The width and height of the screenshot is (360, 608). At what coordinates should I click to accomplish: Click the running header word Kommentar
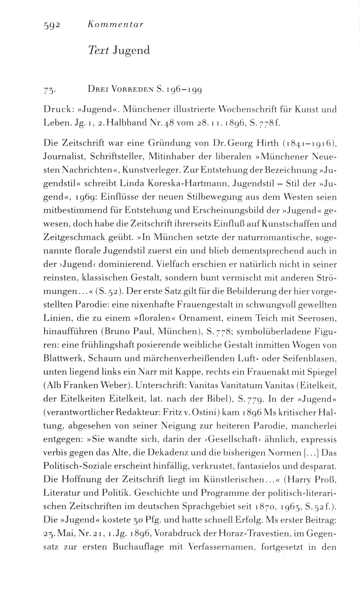(115, 25)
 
